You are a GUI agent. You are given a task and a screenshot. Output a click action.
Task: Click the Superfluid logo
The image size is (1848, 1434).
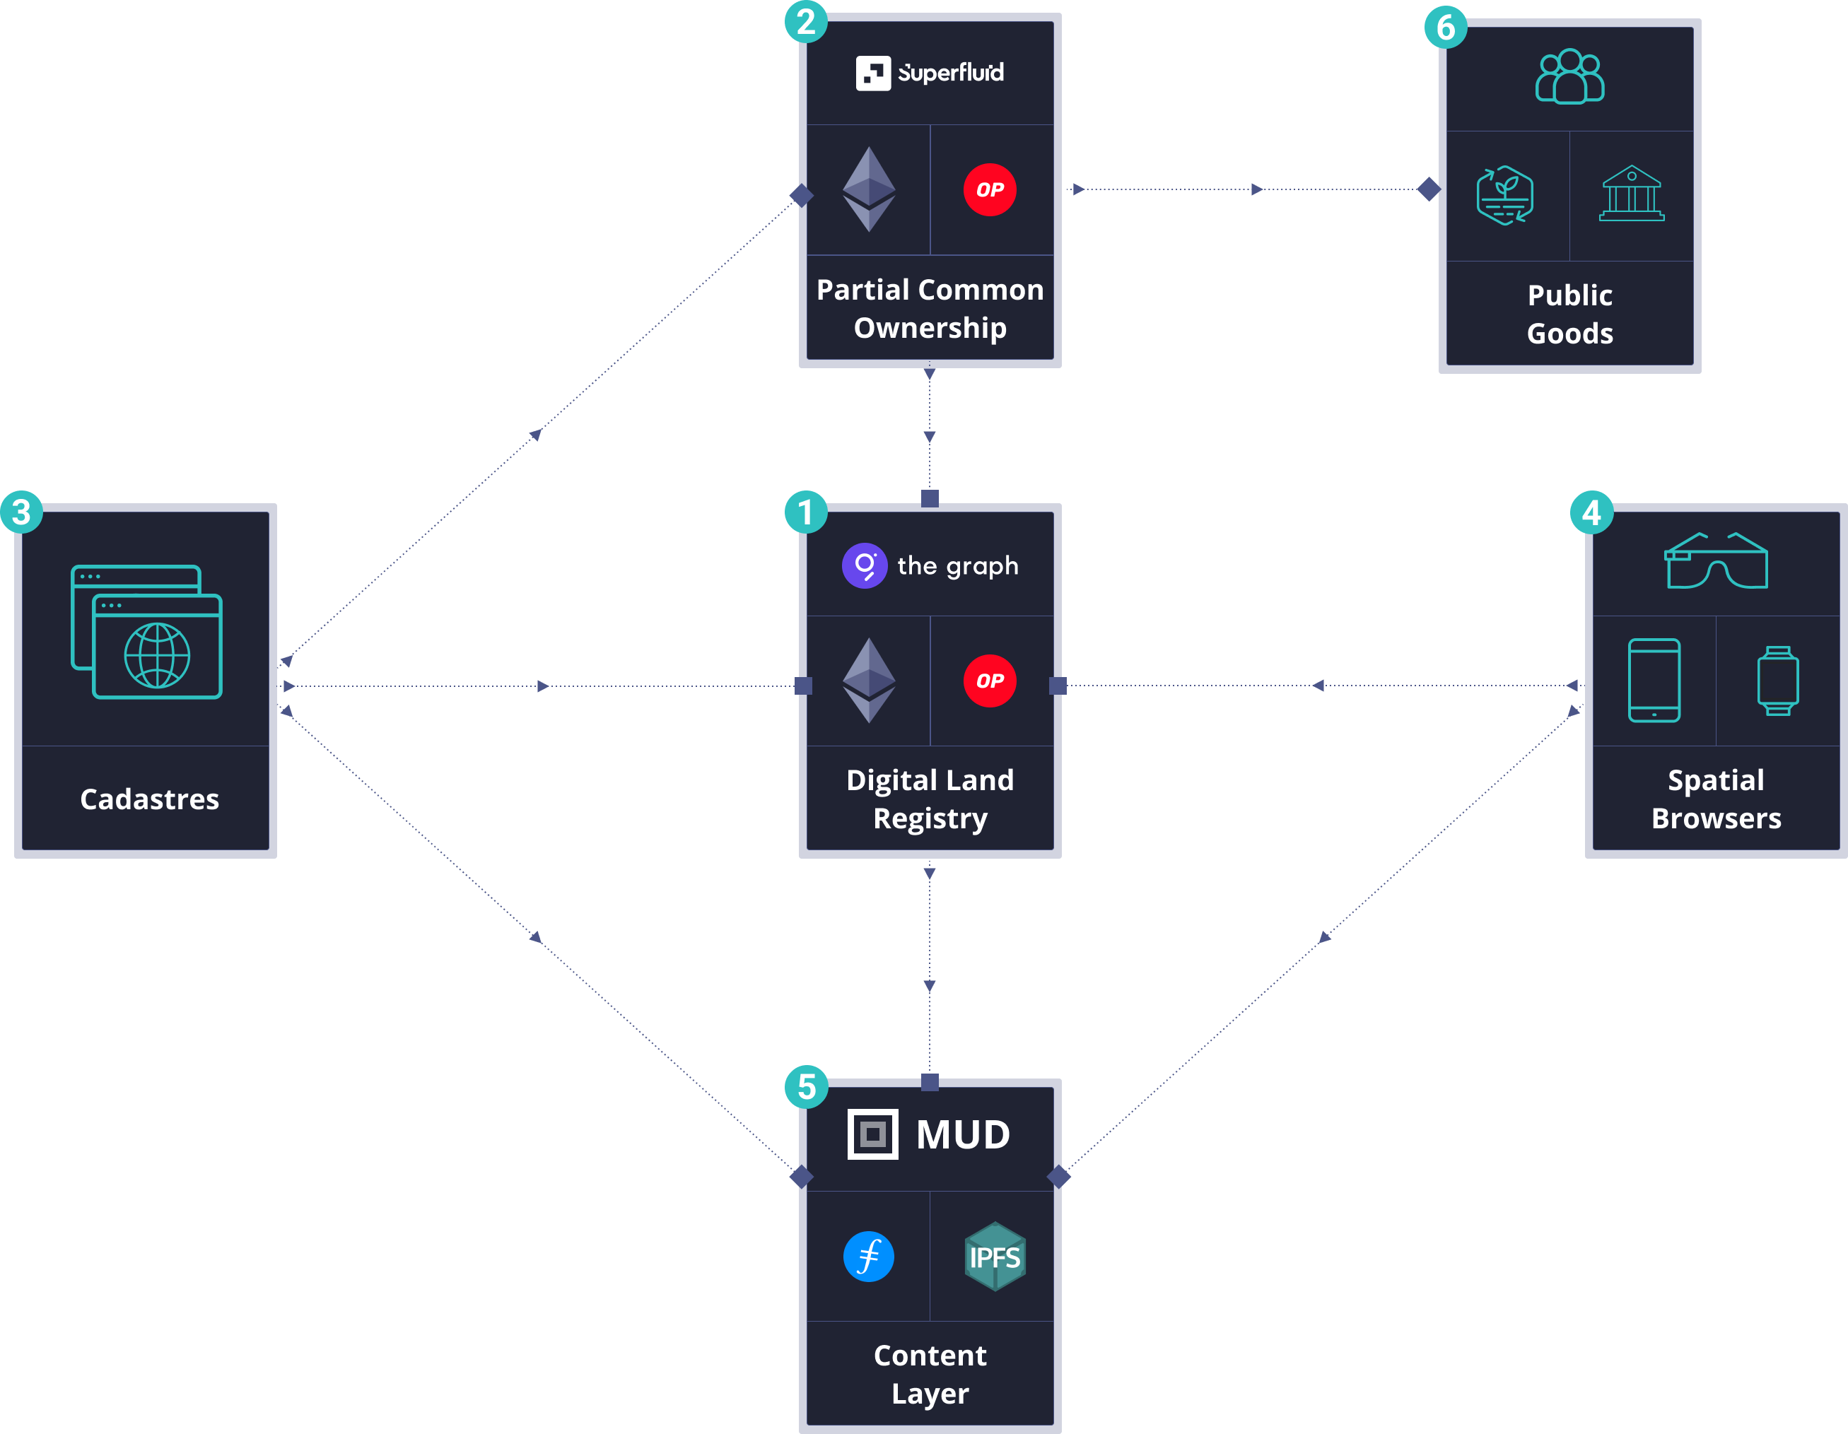pyautogui.click(x=930, y=73)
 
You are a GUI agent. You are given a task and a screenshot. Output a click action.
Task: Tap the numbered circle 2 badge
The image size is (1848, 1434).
pyautogui.click(x=805, y=21)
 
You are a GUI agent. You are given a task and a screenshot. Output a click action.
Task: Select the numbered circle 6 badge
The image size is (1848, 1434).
pyautogui.click(x=1445, y=27)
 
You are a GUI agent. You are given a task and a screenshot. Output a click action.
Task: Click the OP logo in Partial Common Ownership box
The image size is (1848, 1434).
pyautogui.click(x=989, y=189)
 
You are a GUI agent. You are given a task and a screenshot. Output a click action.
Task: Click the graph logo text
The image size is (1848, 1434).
pyautogui.click(x=957, y=565)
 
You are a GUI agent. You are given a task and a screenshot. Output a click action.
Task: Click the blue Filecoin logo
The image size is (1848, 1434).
pyautogui.click(x=868, y=1257)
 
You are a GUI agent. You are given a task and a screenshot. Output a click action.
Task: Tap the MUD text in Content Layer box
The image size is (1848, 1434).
pyautogui.click(x=962, y=1134)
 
